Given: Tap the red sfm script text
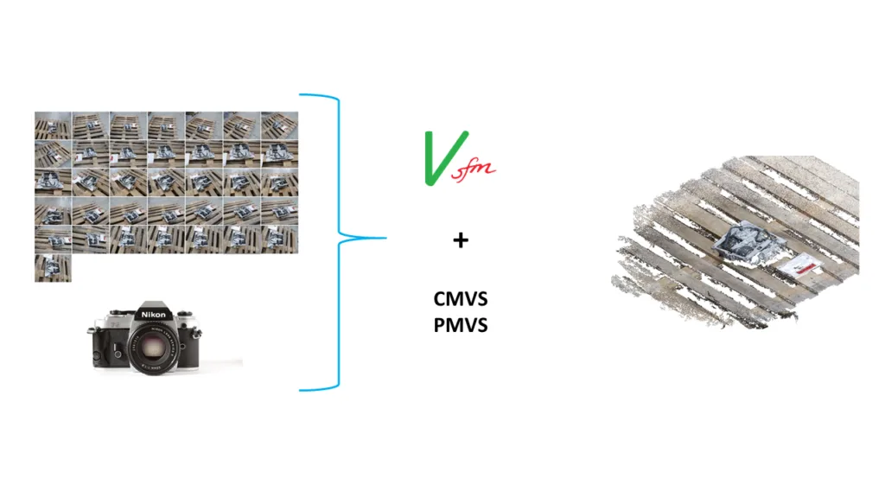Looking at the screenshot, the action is tap(473, 170).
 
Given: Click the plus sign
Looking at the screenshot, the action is tap(461, 240).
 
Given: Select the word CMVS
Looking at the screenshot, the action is tap(461, 298).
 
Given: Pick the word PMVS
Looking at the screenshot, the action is tap(461, 325).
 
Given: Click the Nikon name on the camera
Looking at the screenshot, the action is tap(154, 315).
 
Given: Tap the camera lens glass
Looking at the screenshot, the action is tap(152, 348).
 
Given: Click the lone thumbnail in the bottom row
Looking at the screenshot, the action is tap(53, 268).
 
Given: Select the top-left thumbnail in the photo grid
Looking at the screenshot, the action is tap(53, 125).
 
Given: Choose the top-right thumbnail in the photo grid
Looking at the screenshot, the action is tap(279, 125).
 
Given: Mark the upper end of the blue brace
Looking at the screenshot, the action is tap(300, 94).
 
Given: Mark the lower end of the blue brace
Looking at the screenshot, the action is tap(300, 390).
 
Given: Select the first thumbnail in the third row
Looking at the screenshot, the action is tap(53, 182).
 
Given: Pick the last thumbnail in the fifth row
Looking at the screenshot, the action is tap(279, 239).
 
